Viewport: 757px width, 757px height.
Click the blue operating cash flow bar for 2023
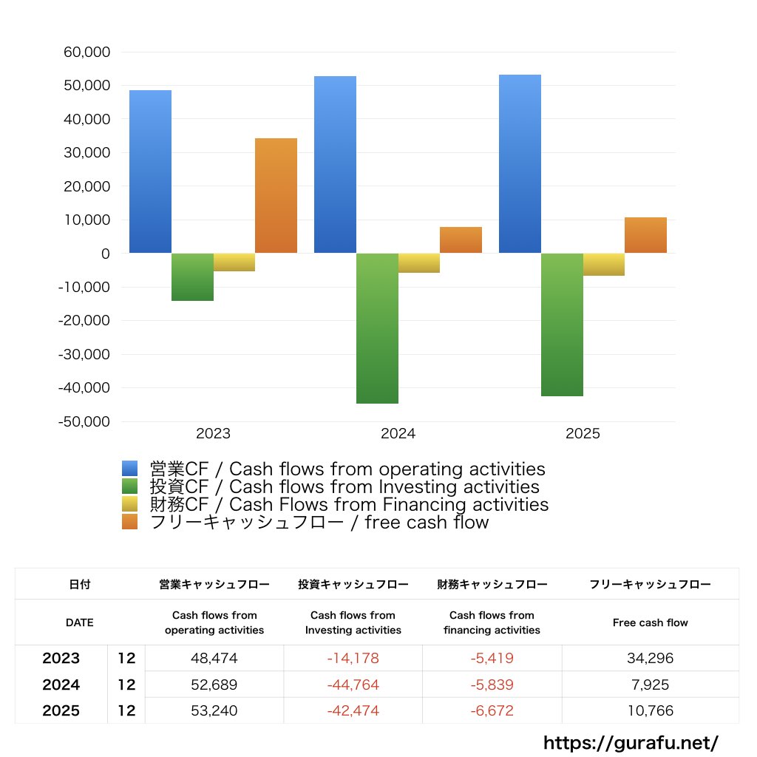click(150, 172)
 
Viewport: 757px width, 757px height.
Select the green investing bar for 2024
click(377, 328)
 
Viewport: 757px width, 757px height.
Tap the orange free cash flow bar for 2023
click(276, 196)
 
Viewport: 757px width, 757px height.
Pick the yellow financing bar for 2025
click(603, 264)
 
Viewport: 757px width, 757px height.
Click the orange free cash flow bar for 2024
click(461, 240)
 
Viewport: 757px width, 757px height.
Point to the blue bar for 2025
click(520, 164)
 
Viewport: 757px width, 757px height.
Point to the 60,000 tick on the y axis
click(86, 52)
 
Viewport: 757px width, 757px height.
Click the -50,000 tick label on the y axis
click(84, 421)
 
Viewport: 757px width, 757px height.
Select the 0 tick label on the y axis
click(106, 254)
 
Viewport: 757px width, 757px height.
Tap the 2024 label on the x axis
click(398, 434)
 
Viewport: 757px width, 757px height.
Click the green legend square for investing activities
click(130, 486)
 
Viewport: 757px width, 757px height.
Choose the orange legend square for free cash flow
click(130, 522)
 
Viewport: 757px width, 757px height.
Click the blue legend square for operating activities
click(130, 469)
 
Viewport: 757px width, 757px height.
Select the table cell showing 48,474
click(214, 658)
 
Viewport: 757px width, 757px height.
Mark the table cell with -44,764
click(353, 685)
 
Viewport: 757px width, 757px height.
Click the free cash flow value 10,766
click(650, 711)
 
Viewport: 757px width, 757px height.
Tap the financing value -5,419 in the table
click(492, 658)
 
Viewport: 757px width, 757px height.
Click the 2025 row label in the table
click(61, 711)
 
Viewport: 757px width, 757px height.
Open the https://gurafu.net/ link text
click(631, 742)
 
